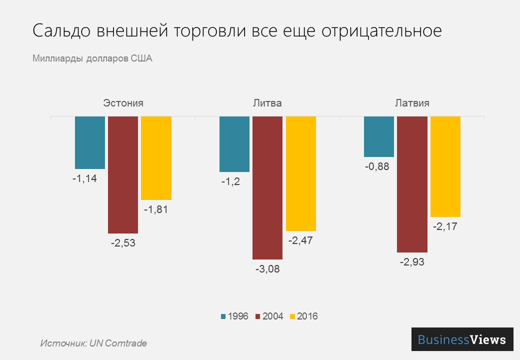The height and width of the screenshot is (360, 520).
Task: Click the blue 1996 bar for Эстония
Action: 90,143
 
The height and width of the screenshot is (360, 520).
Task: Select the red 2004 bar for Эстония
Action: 123,175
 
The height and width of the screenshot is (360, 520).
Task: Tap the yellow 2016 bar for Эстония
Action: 156,158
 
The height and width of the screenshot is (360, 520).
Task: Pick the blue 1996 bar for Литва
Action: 235,144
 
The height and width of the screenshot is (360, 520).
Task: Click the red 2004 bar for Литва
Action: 267,188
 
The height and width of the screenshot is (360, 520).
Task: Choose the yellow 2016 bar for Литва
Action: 301,174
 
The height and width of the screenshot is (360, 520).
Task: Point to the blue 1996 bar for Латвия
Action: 379,136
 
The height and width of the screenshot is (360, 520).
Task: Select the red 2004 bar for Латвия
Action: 412,184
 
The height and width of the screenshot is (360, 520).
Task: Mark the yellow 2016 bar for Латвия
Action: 445,166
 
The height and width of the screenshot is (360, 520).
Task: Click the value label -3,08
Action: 267,269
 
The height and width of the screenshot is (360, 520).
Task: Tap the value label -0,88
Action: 379,166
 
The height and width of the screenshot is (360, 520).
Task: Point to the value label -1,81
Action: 156,210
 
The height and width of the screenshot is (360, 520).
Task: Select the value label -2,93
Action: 412,262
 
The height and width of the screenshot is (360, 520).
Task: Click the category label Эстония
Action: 123,103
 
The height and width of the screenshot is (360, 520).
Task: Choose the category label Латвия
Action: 412,103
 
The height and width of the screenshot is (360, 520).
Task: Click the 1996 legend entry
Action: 235,316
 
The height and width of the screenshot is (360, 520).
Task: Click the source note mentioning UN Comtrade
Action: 94,343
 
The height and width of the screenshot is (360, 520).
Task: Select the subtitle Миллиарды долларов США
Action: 92,58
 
